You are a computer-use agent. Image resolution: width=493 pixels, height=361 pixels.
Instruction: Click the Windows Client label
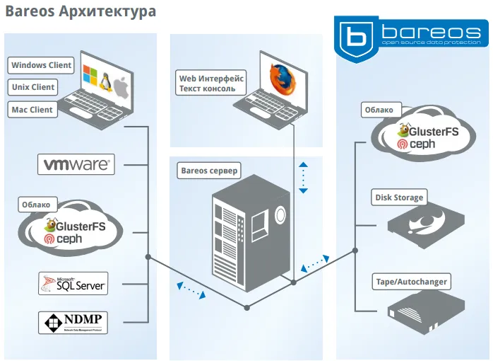tap(41, 65)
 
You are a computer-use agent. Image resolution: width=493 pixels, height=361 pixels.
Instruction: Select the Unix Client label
tap(33, 88)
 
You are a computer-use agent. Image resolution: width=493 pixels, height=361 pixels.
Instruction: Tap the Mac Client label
tap(32, 110)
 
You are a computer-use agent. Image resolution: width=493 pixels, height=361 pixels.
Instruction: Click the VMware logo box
tap(76, 164)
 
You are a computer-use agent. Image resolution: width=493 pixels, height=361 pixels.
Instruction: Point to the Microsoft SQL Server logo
tap(73, 284)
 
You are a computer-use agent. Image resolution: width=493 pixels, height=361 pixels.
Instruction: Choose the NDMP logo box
tap(73, 322)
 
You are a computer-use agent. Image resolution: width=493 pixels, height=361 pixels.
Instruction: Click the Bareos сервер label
tap(210, 171)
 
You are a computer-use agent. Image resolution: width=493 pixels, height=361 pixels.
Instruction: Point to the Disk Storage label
tap(399, 197)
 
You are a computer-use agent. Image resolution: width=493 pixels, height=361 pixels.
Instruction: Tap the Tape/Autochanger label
tap(410, 282)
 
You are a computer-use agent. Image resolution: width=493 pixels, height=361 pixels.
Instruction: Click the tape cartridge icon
tap(427, 309)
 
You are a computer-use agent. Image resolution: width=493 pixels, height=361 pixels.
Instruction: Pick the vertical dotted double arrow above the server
tap(303, 178)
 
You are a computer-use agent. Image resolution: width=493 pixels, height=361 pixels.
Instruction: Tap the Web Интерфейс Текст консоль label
tap(211, 84)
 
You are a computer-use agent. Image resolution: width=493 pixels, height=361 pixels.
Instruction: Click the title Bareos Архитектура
tap(81, 12)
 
